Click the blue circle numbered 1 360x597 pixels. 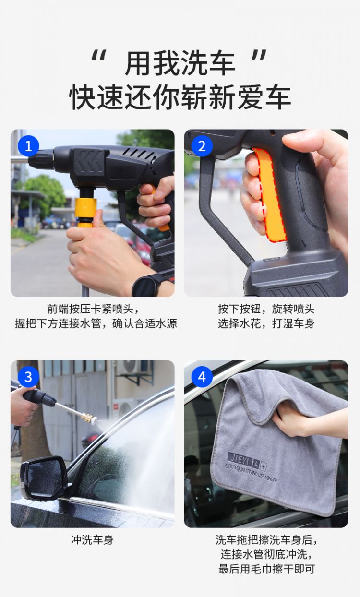[x=28, y=146]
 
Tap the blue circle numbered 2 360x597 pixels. [x=202, y=146]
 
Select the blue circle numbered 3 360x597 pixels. [x=28, y=377]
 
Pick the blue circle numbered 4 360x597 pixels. [x=202, y=377]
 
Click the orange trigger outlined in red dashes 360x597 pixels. [x=270, y=194]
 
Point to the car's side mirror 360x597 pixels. [x=44, y=478]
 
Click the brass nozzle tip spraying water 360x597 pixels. [x=90, y=418]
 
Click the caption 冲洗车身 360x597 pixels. [x=92, y=540]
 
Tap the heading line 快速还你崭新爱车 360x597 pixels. [x=180, y=97]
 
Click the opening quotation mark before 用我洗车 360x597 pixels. [x=99, y=56]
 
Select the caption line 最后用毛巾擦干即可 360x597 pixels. [x=266, y=569]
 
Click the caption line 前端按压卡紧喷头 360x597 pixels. [x=93, y=309]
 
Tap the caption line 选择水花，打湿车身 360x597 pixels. [x=266, y=323]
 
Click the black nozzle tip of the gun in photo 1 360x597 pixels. [x=40, y=159]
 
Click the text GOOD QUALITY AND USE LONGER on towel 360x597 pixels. [x=251, y=472]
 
